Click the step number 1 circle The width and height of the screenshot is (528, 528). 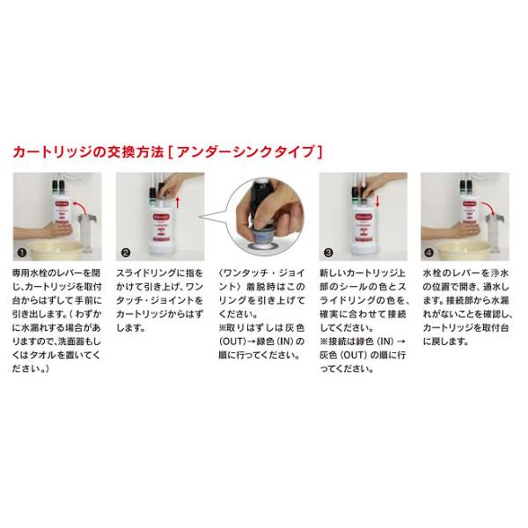[22, 253]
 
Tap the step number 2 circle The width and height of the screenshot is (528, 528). [126, 253]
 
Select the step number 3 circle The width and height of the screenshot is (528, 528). [328, 253]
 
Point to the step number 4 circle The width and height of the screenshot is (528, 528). [429, 253]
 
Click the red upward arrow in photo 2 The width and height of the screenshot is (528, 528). [178, 202]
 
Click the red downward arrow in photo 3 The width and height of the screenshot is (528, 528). [378, 202]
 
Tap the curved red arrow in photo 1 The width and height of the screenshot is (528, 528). [81, 206]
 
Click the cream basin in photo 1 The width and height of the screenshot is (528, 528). [55, 250]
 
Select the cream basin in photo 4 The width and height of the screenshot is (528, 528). [462, 250]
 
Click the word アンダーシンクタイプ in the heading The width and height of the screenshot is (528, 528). [246, 152]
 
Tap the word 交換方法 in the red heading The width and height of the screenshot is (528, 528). [136, 152]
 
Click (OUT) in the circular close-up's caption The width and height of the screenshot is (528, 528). [231, 341]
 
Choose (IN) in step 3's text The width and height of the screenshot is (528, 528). [385, 341]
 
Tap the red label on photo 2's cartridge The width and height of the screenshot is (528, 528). [162, 217]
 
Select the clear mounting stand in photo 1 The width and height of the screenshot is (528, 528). [87, 233]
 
